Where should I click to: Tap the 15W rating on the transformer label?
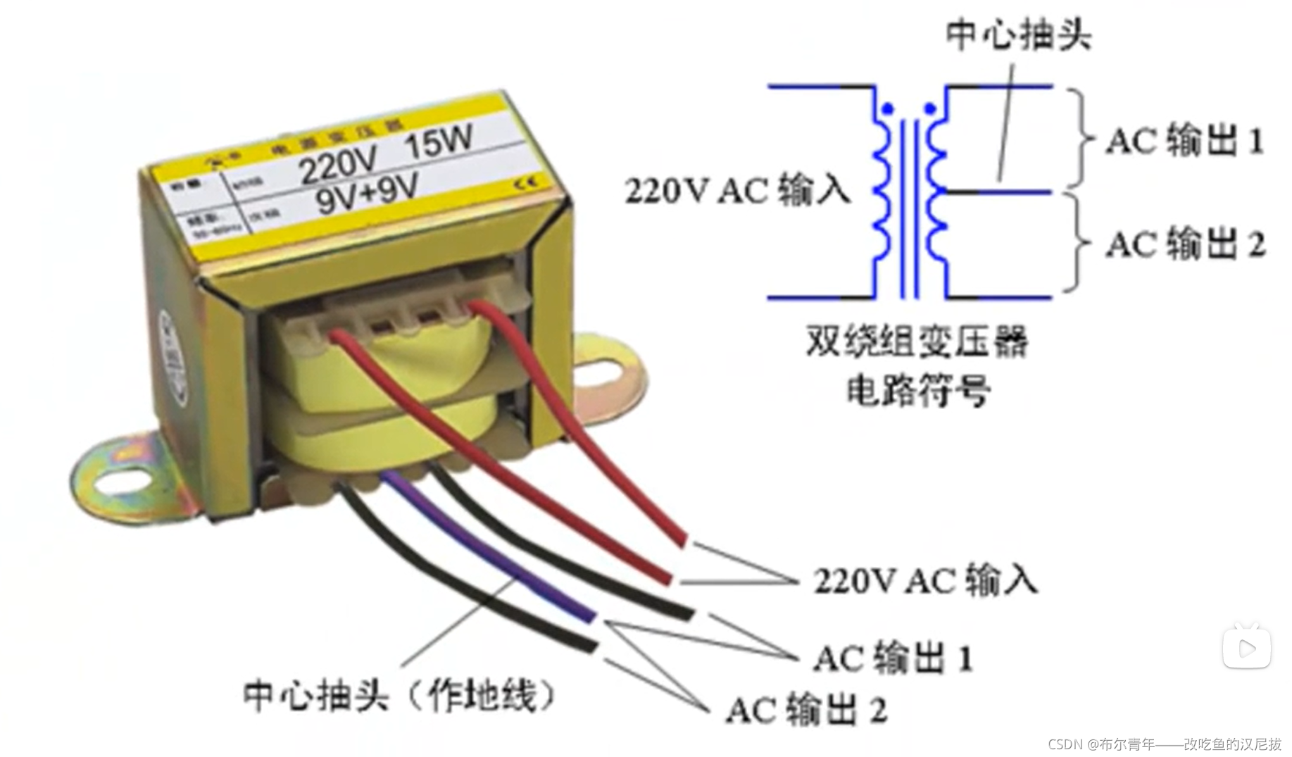click(x=438, y=143)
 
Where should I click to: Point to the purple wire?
click(x=493, y=556)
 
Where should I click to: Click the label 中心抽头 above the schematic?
click(x=1018, y=34)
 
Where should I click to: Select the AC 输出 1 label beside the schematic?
click(x=1185, y=140)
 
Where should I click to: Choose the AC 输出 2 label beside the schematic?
click(x=1186, y=244)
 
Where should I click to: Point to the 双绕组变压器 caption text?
click(x=917, y=343)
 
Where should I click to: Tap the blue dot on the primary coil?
click(x=888, y=109)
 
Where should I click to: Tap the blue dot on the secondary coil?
click(x=930, y=109)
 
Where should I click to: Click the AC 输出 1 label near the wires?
click(x=893, y=658)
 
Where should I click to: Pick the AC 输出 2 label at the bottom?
click(x=806, y=709)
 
